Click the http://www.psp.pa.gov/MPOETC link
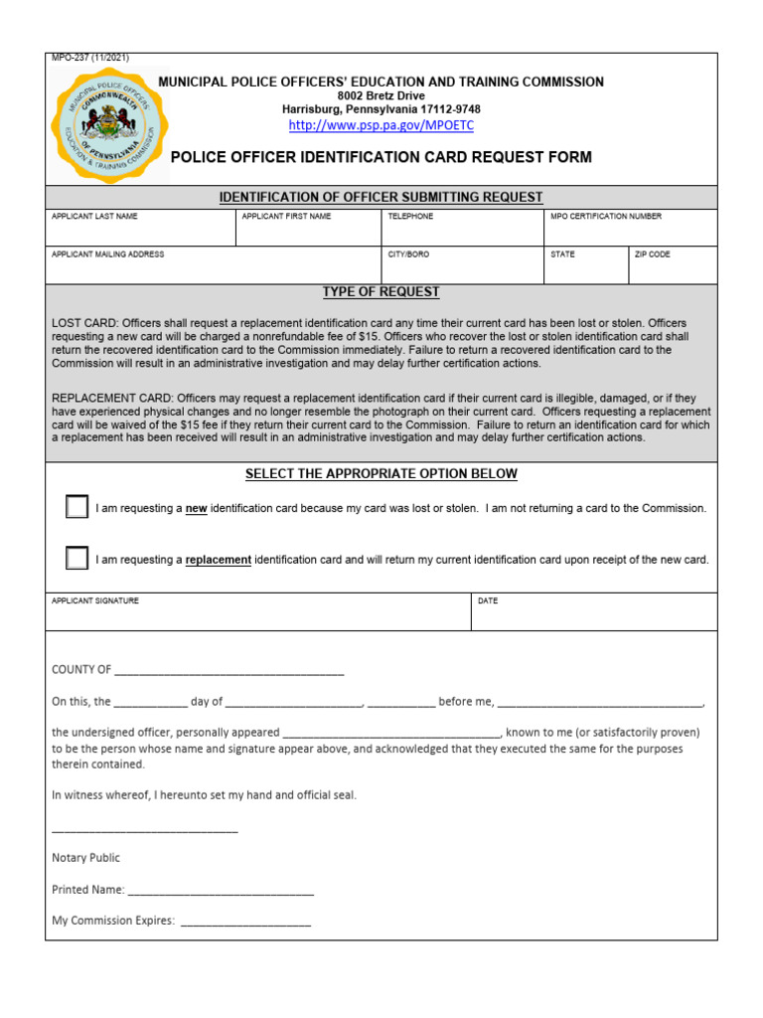(381, 125)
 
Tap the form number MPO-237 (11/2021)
(90, 58)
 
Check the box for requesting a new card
(77, 507)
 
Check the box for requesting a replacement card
(77, 559)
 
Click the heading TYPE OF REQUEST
(381, 292)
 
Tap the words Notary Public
(85, 858)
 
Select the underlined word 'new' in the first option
(197, 509)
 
